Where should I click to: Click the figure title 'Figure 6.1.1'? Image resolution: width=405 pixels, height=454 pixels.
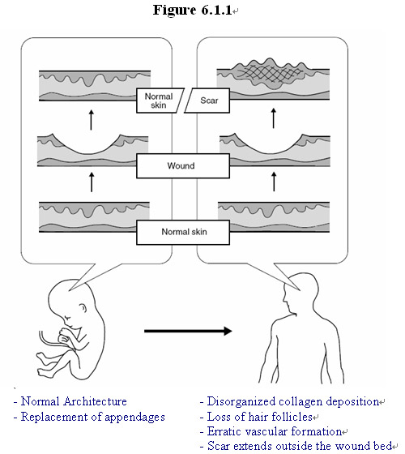193,10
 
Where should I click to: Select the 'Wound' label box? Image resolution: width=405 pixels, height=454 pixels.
183,165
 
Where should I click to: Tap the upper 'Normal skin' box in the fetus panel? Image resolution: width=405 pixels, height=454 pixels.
160,101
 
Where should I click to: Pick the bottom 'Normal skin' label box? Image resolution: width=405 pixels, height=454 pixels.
183,232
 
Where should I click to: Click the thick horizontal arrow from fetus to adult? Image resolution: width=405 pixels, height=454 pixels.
188,331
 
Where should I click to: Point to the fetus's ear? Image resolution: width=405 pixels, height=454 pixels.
83,308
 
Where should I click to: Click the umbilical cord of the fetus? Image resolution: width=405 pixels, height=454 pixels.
55,343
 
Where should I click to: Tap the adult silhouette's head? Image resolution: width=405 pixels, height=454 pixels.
301,293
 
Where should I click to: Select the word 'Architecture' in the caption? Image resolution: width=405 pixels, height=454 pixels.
96,401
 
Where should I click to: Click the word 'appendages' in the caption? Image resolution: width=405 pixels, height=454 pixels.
134,418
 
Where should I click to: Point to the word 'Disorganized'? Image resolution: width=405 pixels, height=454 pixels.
241,401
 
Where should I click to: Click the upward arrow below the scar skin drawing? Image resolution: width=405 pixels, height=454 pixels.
274,118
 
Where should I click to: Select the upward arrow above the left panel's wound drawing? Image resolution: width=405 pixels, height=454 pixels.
91,120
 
